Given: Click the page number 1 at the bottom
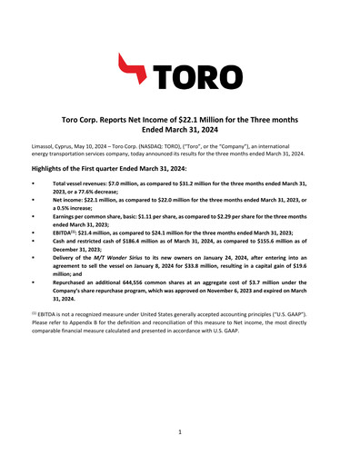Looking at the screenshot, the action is pos(180,434).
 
